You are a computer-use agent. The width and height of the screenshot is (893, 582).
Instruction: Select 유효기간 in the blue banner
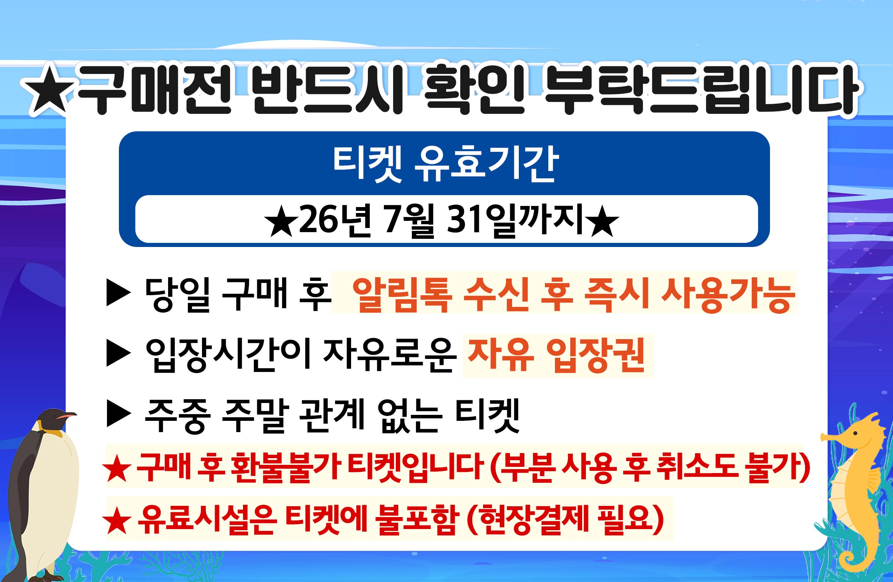pos(486,164)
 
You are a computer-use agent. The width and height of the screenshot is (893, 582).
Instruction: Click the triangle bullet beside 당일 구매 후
pos(119,292)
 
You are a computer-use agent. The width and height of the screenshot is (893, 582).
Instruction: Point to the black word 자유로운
pos(390,354)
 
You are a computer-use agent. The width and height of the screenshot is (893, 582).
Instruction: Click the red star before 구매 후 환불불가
pos(117,468)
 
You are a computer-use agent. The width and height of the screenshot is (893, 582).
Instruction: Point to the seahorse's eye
pos(855,433)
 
